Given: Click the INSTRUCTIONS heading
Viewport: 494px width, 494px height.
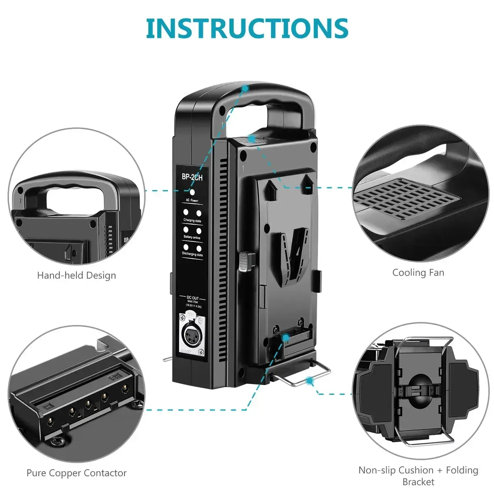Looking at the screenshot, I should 247,28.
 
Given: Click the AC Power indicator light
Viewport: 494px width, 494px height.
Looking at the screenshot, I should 192,192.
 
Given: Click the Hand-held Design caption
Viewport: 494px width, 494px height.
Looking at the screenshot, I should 77,275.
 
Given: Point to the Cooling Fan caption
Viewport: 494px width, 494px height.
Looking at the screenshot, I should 418,273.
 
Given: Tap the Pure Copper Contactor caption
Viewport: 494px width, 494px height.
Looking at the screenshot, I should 77,473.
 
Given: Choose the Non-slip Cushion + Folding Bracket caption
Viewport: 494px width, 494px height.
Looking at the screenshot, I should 418,475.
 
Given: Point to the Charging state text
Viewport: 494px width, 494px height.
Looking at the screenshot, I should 192,221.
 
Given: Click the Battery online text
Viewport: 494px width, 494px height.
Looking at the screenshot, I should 192,238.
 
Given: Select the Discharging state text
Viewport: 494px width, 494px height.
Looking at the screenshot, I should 192,254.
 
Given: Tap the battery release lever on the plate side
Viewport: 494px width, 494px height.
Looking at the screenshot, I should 246,262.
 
